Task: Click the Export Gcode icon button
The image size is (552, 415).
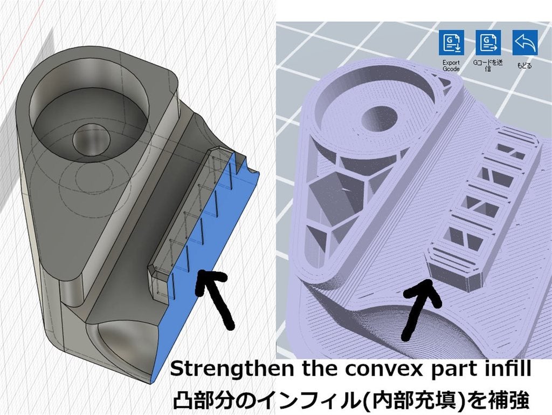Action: [x=451, y=42]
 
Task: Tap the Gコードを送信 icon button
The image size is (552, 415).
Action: [x=488, y=42]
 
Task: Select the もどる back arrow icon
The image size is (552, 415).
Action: [x=525, y=42]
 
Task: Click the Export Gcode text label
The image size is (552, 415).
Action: [x=451, y=65]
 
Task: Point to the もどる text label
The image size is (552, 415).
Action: [x=524, y=65]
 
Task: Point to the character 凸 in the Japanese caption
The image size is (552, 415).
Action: [x=182, y=400]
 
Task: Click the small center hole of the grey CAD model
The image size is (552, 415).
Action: [x=88, y=140]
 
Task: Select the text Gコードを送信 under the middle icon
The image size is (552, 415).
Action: [x=488, y=65]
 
